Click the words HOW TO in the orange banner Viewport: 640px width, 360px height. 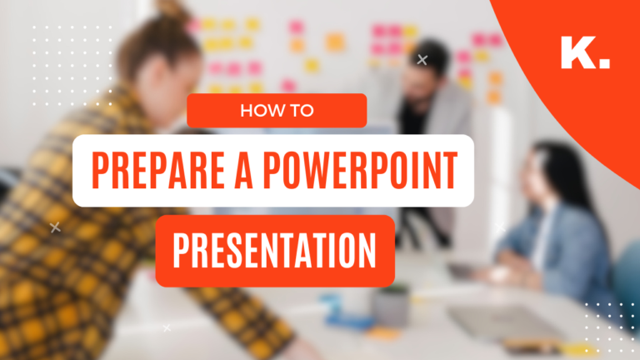(x=277, y=111)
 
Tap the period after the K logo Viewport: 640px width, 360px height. (x=604, y=63)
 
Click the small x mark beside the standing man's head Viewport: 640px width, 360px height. (x=422, y=59)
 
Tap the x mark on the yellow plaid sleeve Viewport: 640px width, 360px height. (x=55, y=227)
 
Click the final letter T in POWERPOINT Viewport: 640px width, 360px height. (x=448, y=171)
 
